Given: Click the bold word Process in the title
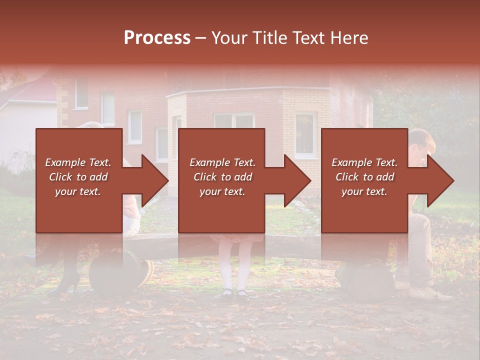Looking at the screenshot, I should coord(157,38).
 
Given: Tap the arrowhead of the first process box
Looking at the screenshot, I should coord(155,180).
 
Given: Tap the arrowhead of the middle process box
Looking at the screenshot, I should coord(297,180).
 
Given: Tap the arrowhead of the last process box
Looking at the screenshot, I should coord(440,180).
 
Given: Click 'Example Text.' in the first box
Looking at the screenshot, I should coord(78,162).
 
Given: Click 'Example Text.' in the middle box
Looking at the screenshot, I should coord(222,162).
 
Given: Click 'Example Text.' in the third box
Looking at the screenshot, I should coord(364,162).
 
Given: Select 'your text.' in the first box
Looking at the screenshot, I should coord(78,191).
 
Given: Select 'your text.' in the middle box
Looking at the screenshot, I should coord(222,191).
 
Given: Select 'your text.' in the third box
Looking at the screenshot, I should coord(364,191).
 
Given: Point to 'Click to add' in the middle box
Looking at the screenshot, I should coord(222,177).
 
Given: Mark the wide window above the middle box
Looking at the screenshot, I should coord(234,120).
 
